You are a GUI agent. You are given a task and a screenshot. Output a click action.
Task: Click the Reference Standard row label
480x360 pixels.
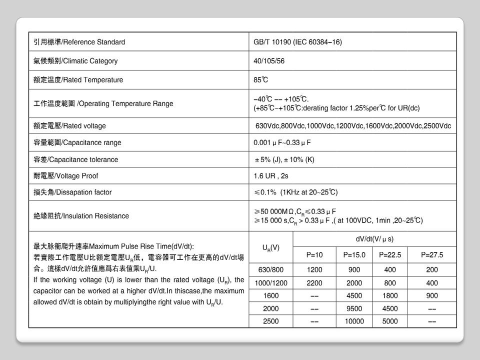[79, 42]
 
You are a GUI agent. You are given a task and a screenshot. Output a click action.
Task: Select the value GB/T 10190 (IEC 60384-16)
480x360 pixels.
[298, 42]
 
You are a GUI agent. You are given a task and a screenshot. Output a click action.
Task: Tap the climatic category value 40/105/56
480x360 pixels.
[269, 61]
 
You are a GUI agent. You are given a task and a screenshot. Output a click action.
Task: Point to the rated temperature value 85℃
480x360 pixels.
[261, 80]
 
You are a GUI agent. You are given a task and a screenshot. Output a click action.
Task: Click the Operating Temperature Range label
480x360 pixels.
[103, 103]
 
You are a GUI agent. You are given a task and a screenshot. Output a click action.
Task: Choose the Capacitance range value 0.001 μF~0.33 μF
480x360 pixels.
[282, 142]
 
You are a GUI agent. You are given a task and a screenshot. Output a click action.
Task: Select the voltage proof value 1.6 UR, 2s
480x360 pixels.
[271, 176]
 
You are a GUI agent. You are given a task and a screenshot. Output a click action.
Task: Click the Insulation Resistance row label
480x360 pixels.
[81, 216]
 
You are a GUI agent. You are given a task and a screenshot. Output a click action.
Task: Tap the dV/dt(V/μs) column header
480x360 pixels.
[374, 239]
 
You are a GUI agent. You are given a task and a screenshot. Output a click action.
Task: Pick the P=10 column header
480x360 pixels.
[314, 255]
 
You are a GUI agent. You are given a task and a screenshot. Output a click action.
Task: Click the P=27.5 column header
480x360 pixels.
[432, 255]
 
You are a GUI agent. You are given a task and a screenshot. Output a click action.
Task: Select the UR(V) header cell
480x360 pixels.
[271, 247]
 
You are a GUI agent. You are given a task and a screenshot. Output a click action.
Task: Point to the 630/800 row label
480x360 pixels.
[271, 270]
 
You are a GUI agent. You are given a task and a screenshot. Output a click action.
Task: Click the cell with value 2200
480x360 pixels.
[314, 283]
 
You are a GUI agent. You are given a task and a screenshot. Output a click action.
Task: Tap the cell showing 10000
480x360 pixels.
[354, 321]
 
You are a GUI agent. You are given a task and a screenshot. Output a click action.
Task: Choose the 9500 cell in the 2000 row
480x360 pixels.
[354, 308]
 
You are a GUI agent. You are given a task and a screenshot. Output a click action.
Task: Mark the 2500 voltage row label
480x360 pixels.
[271, 321]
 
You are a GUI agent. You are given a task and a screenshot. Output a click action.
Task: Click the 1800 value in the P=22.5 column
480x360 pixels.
[390, 296]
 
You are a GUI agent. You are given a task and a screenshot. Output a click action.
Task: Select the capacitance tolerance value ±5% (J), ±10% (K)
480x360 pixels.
[284, 159]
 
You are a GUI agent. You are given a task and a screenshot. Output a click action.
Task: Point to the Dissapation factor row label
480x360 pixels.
[72, 192]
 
